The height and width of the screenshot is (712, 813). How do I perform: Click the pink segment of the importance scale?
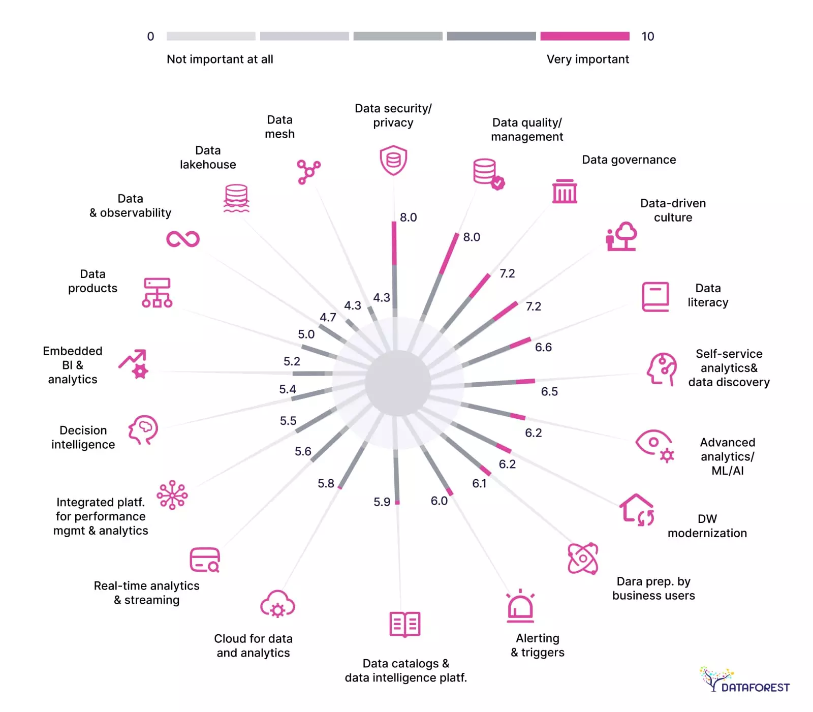pyautogui.click(x=584, y=36)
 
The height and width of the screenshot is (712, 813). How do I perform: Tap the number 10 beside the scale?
pyautogui.click(x=647, y=37)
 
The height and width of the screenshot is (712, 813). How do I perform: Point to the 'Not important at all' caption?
pyautogui.click(x=220, y=59)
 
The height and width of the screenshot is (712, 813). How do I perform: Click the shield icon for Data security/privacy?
pyautogui.click(x=393, y=160)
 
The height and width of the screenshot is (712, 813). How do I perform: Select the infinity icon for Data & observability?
pyautogui.click(x=183, y=239)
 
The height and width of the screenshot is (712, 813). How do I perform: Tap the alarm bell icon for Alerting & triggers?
pyautogui.click(x=520, y=606)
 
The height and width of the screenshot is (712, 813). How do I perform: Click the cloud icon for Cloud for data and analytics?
pyautogui.click(x=277, y=604)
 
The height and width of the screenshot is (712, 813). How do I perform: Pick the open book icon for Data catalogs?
pyautogui.click(x=404, y=624)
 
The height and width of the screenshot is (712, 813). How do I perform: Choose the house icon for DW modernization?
pyautogui.click(x=637, y=510)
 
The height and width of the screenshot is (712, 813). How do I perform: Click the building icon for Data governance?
pyautogui.click(x=565, y=191)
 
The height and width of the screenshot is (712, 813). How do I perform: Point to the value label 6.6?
pyautogui.click(x=543, y=347)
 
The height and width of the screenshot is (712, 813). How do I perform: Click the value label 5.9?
pyautogui.click(x=382, y=502)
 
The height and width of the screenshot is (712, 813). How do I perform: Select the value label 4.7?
pyautogui.click(x=328, y=317)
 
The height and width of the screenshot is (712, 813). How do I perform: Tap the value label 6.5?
pyautogui.click(x=549, y=391)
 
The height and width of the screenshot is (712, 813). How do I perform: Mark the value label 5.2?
pyautogui.click(x=292, y=361)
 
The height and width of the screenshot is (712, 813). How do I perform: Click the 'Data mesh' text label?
pyautogui.click(x=279, y=127)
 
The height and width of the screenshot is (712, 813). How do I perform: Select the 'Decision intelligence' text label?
pyautogui.click(x=83, y=438)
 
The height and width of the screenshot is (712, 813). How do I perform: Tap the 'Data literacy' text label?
pyautogui.click(x=708, y=295)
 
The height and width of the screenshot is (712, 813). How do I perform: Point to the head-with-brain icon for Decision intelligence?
pyautogui.click(x=143, y=430)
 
